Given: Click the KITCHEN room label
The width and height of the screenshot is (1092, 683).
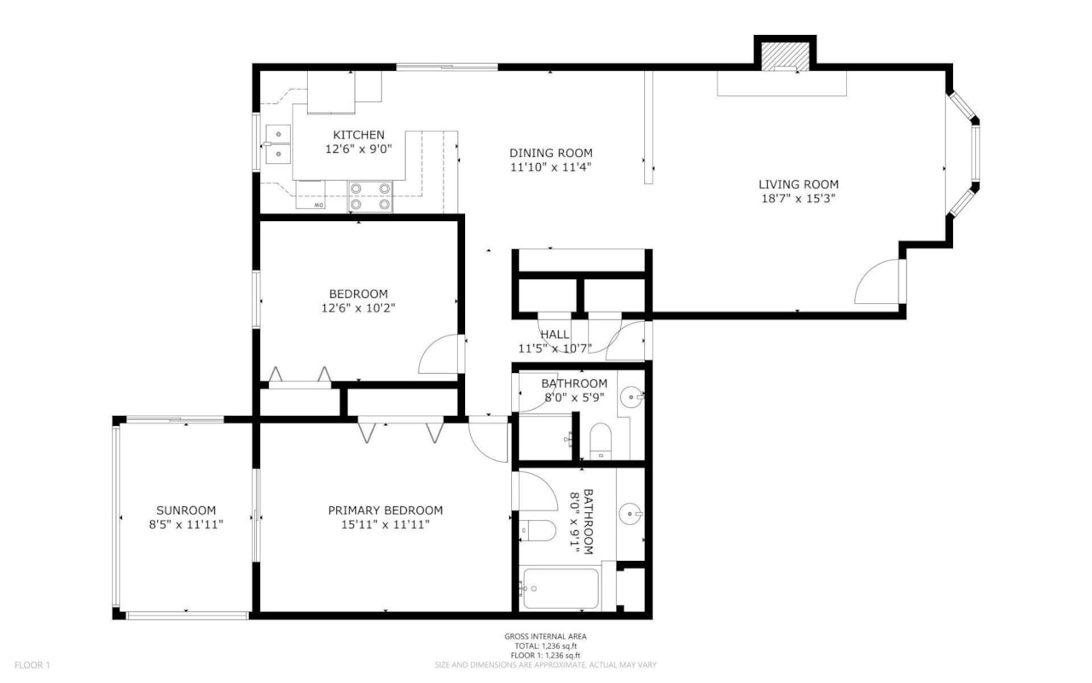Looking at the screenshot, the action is (x=358, y=135).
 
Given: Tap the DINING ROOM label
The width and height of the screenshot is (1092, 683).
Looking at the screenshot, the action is (x=551, y=153).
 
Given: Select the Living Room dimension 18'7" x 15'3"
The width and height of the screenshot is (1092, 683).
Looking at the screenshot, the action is (x=799, y=199).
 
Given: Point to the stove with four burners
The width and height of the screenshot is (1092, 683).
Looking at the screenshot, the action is (x=370, y=196).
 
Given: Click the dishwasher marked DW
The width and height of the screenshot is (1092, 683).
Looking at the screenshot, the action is (x=311, y=196).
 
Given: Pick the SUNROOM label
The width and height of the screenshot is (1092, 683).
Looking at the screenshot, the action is (x=186, y=511).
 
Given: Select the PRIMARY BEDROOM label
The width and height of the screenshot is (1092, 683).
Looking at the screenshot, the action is (x=385, y=511).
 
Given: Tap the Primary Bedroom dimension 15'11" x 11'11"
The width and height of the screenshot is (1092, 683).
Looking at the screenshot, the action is (x=385, y=524).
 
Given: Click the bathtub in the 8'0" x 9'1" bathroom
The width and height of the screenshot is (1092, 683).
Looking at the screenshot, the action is (x=561, y=588).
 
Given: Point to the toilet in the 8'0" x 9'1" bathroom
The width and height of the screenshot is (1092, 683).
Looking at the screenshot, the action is (x=537, y=531).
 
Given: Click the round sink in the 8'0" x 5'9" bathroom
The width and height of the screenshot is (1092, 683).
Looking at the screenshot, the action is (x=631, y=397).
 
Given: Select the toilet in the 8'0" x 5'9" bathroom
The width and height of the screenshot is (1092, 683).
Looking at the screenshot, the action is (x=601, y=441).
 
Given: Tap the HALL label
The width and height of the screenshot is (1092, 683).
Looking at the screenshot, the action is (x=555, y=335).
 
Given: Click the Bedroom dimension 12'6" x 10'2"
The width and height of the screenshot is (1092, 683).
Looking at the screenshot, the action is (x=358, y=308).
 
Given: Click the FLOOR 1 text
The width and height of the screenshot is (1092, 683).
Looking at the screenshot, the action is (x=32, y=665).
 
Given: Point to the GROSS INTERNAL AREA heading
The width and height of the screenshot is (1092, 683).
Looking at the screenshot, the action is (x=545, y=637).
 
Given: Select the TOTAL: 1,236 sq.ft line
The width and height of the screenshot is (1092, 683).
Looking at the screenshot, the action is (x=545, y=646).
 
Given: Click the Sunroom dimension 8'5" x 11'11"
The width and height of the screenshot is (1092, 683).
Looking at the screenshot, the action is (x=186, y=524).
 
